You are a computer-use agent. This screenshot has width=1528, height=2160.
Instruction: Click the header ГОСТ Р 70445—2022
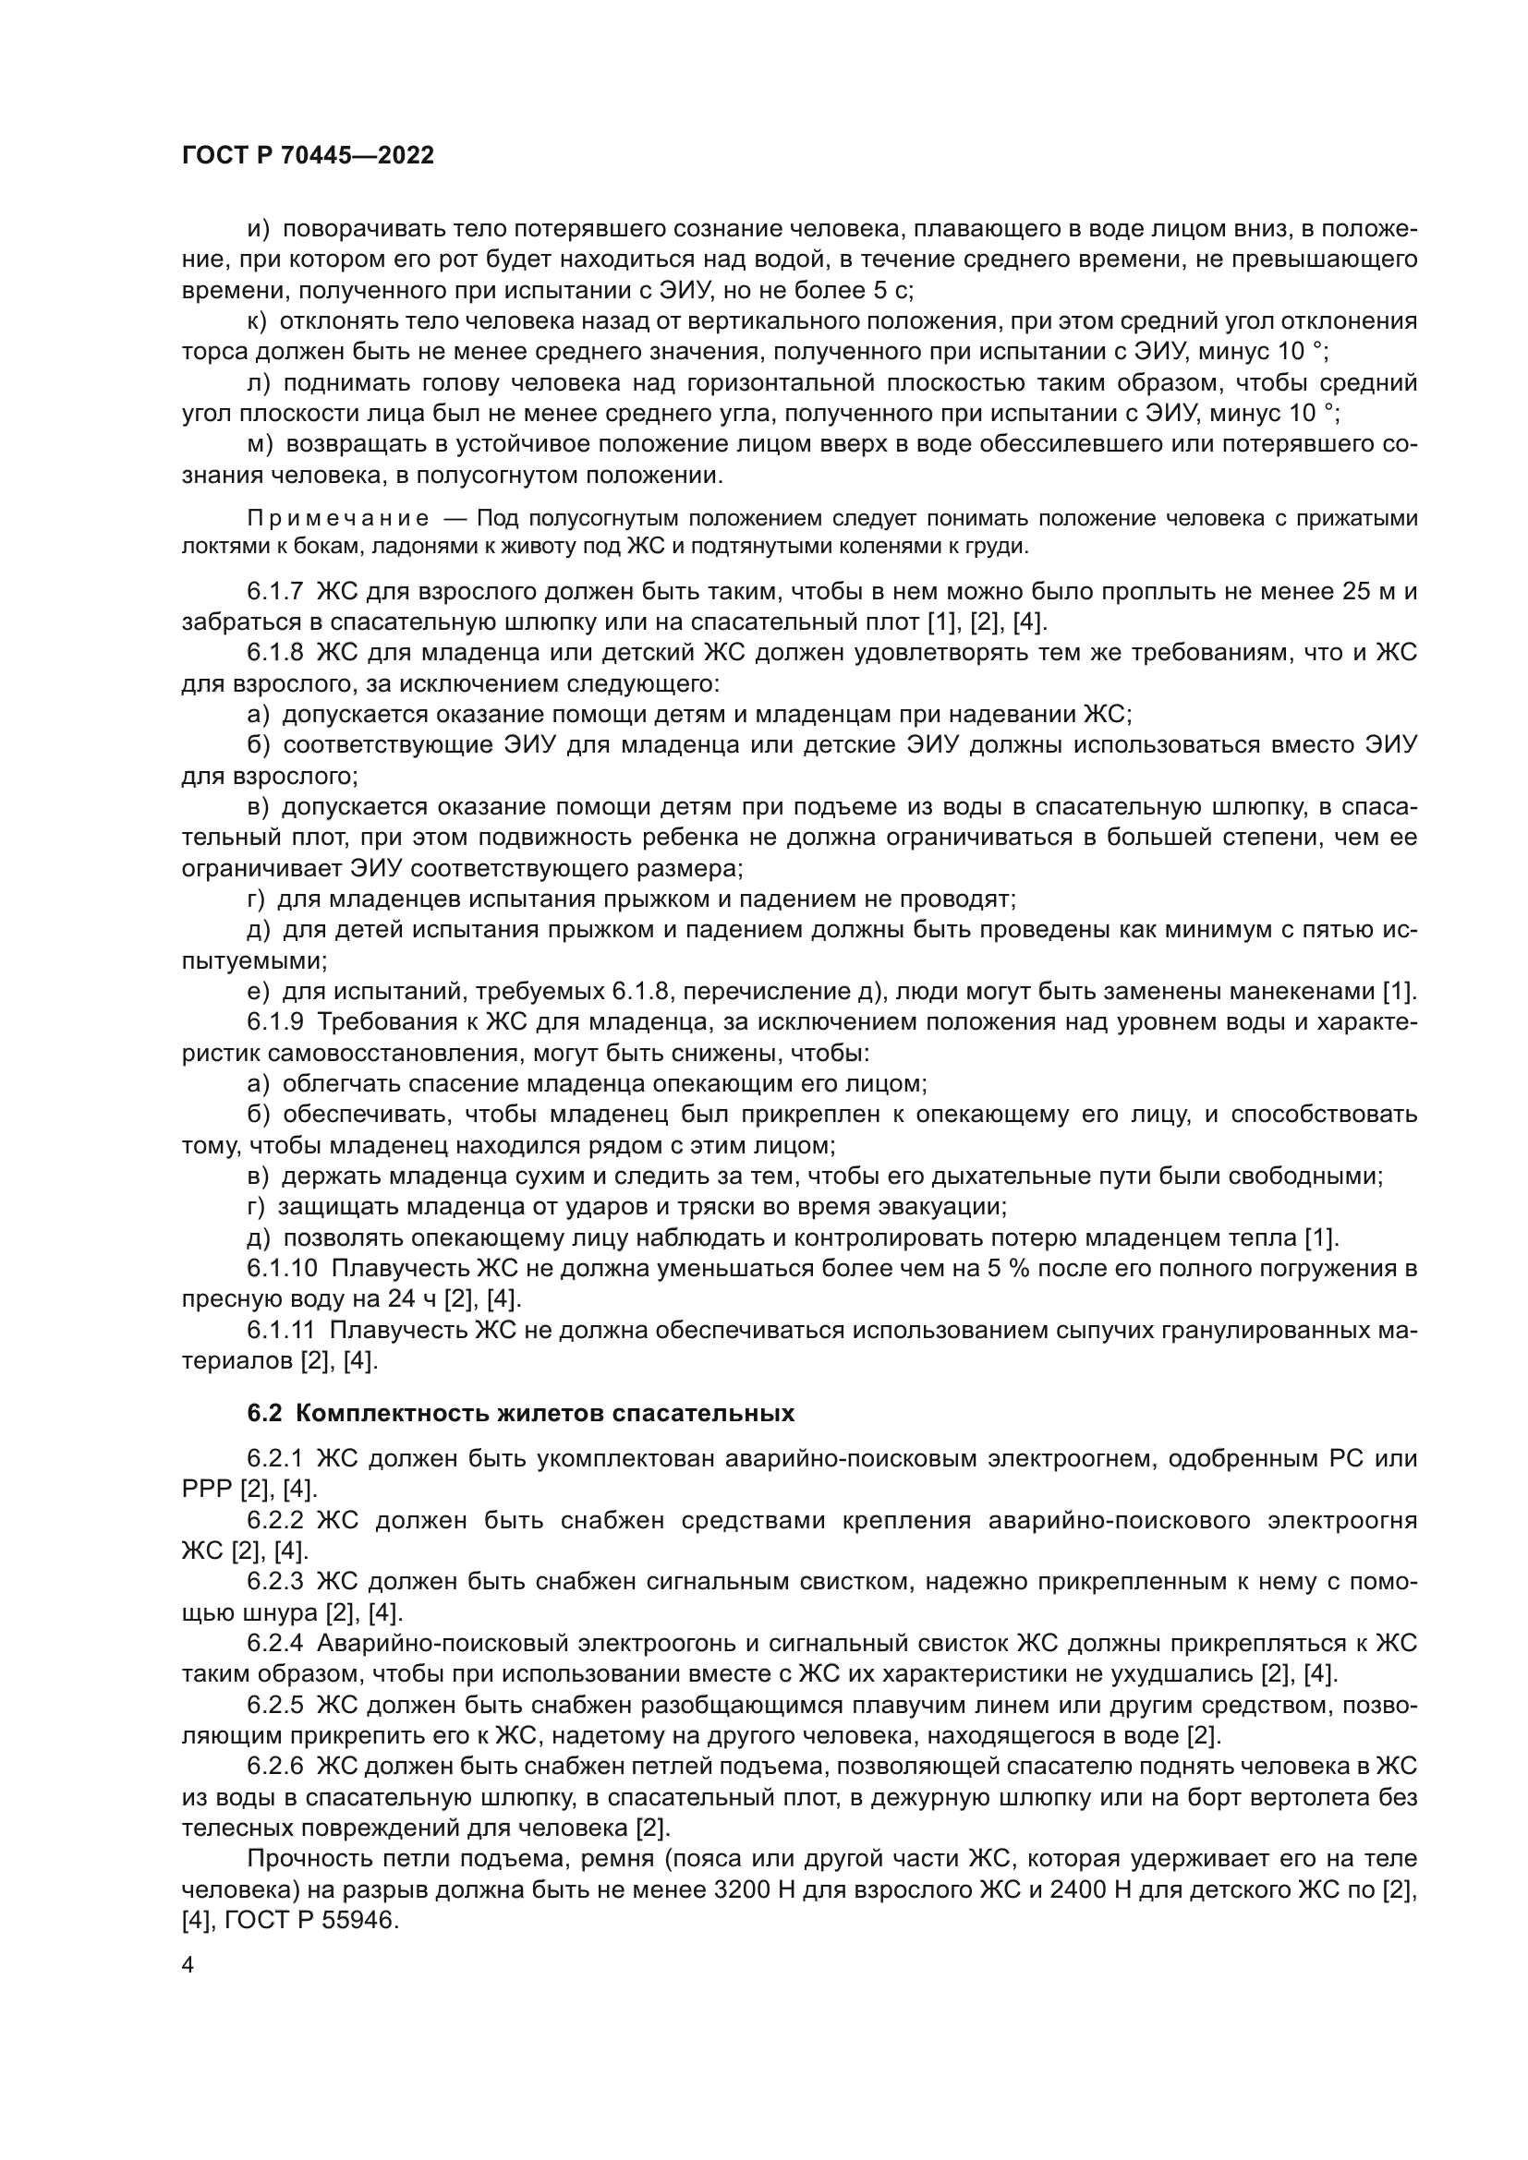(x=308, y=156)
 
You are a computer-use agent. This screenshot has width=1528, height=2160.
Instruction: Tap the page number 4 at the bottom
(x=188, y=1966)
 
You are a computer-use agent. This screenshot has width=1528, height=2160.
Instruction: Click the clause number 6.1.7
(x=274, y=592)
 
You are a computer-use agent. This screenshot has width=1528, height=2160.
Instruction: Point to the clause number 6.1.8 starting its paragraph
(x=274, y=653)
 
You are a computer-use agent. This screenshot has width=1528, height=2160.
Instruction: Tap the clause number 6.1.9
(x=274, y=1022)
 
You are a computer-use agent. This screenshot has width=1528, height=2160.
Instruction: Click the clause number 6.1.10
(x=282, y=1269)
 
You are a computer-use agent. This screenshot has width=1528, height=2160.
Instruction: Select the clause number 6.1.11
(x=282, y=1330)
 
